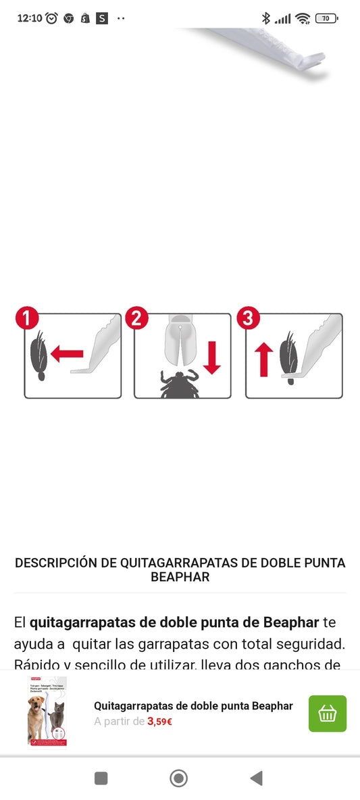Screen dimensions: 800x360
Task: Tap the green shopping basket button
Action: point(328,714)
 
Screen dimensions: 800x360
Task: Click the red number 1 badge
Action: point(27,318)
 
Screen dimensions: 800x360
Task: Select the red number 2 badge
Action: point(137,318)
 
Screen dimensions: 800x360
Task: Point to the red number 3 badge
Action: point(248,318)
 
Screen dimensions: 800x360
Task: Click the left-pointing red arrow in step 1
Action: point(66,352)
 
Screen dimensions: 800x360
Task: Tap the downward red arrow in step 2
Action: point(212,358)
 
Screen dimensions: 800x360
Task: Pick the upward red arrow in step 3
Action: point(264,359)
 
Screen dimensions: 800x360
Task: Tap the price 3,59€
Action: point(160,722)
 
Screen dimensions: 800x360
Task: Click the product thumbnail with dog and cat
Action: point(47,712)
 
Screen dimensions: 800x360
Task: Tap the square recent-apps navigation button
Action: point(101,778)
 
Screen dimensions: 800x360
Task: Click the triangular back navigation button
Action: point(256,778)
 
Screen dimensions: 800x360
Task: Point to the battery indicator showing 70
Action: point(326,18)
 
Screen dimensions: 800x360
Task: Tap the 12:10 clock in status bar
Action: point(29,18)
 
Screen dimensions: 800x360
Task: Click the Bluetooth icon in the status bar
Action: point(266,18)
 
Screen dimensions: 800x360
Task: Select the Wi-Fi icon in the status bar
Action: point(303,18)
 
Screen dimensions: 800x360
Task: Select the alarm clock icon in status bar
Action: point(52,18)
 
